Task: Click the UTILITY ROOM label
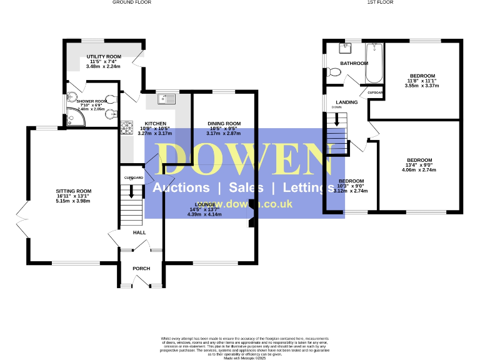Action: [x=104, y=57]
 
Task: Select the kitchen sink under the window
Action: [x=168, y=97]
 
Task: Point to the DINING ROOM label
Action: [x=224, y=124]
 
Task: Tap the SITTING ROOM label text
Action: [x=74, y=191]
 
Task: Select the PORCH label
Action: [x=141, y=268]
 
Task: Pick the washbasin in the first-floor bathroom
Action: [x=344, y=47]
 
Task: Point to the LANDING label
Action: [x=346, y=102]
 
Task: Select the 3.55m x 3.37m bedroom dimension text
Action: [x=421, y=86]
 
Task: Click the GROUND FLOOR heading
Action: [x=132, y=2]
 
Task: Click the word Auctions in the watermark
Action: [x=181, y=188]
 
